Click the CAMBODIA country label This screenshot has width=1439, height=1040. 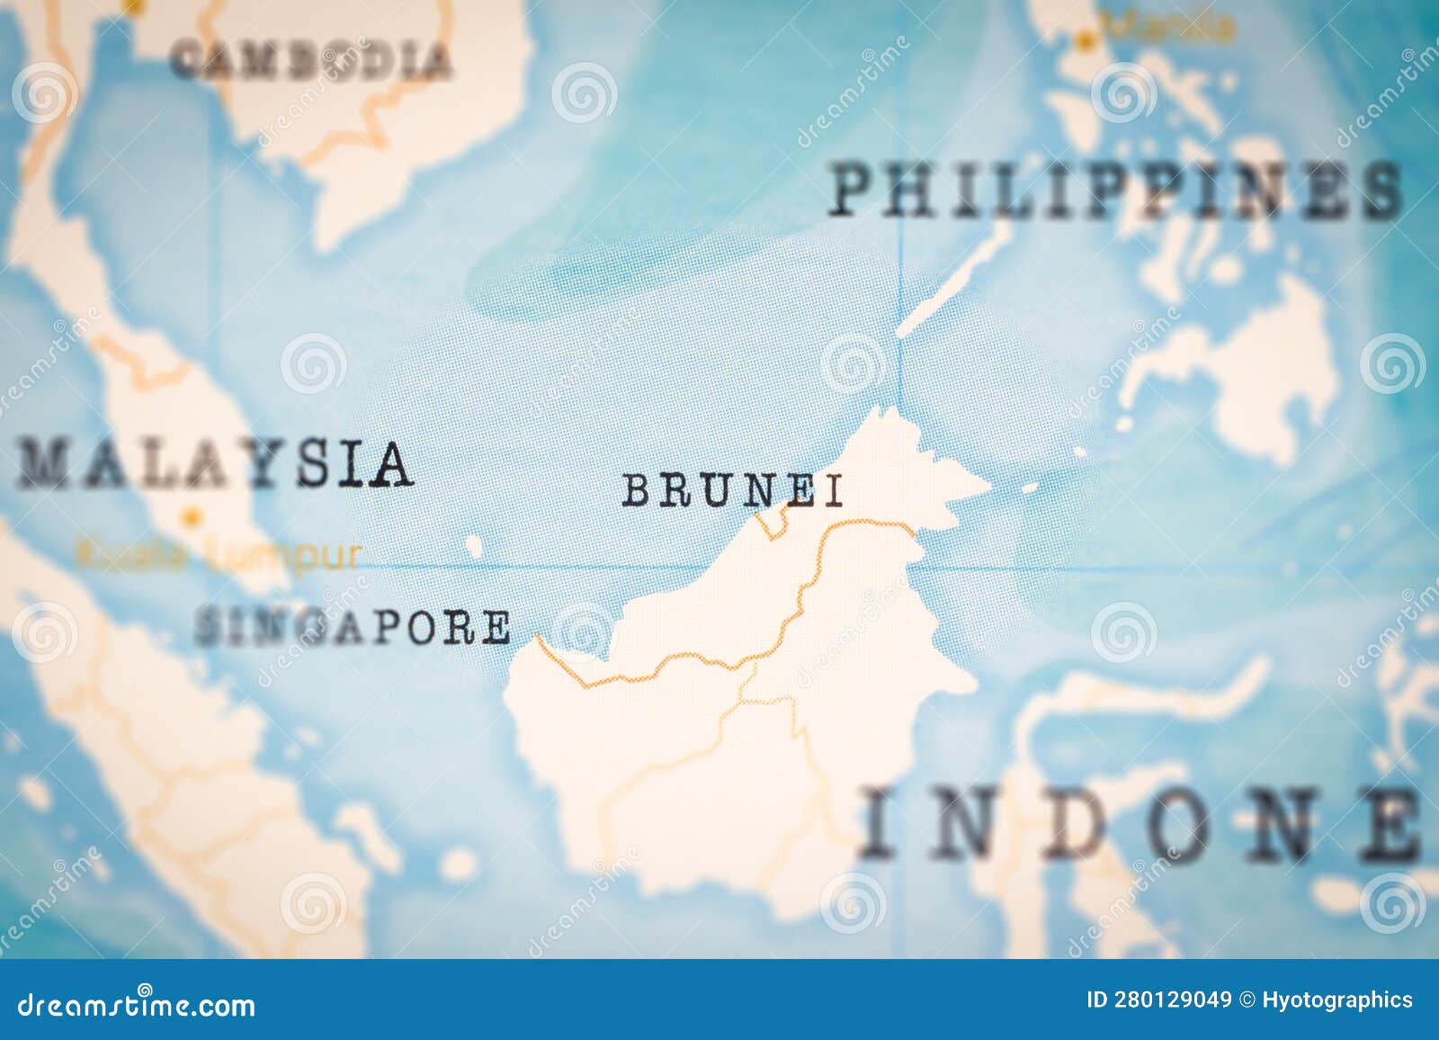(311, 60)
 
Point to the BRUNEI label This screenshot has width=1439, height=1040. (733, 491)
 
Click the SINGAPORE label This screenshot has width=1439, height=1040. (353, 627)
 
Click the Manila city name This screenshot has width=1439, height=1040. (1169, 29)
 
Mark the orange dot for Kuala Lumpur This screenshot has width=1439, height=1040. (191, 518)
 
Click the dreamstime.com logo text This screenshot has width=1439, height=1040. (137, 1004)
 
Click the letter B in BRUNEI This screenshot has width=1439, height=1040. (638, 491)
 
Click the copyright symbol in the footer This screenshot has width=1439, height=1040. (1247, 1000)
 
